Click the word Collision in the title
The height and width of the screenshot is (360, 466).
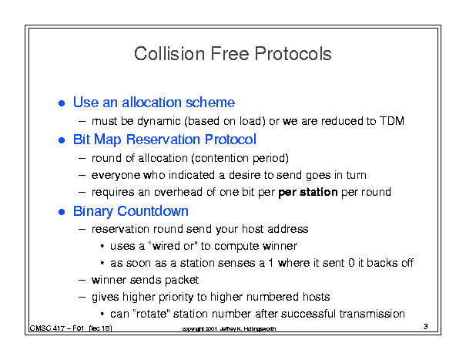pos(169,54)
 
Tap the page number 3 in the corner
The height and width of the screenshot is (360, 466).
pos(426,326)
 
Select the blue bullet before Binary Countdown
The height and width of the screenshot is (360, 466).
pos(62,212)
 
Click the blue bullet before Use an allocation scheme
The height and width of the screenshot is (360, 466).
pos(62,103)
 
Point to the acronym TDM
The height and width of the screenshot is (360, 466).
pos(392,121)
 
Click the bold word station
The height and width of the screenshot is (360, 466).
pos(318,192)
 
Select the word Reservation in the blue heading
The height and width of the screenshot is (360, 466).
pos(163,140)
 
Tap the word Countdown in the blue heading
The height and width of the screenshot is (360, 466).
pos(153,211)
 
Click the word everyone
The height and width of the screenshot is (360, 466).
pos(116,176)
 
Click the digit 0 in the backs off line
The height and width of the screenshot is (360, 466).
pos(351,263)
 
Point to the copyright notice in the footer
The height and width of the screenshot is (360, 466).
pos(229,328)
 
